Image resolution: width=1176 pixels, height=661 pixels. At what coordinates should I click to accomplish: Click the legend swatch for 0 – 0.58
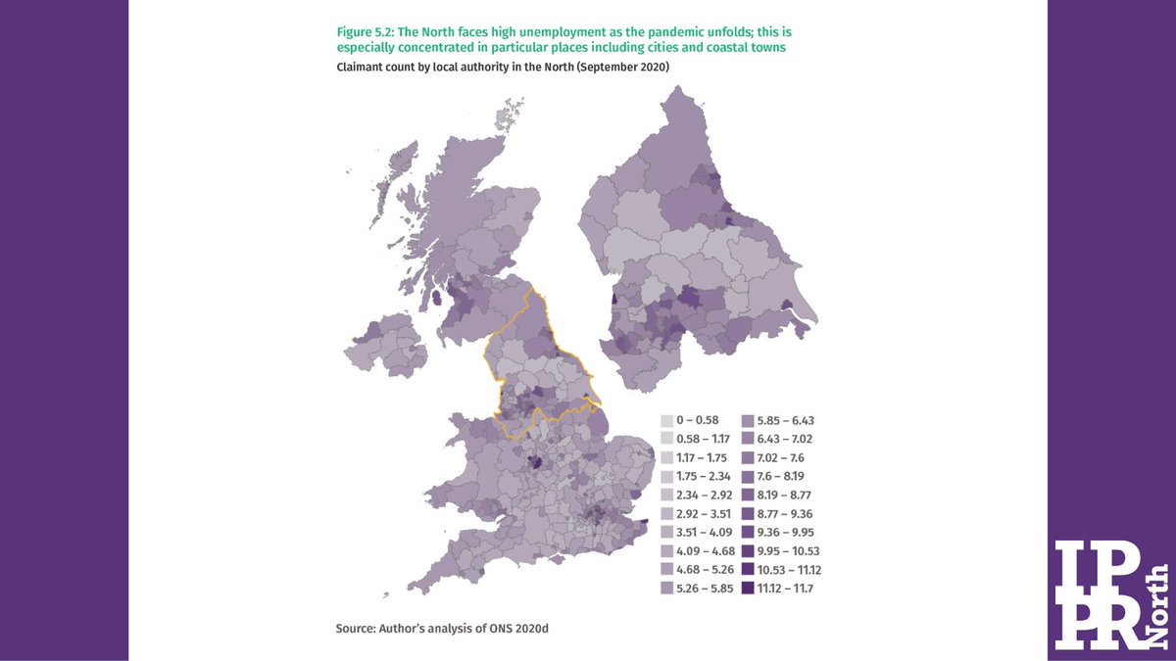667,419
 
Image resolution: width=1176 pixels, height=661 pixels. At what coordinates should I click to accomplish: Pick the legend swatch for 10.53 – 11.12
748,569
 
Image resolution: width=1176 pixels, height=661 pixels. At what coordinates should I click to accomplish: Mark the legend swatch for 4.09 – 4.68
667,550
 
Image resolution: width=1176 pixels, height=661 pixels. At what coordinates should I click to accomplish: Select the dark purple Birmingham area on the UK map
535,463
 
